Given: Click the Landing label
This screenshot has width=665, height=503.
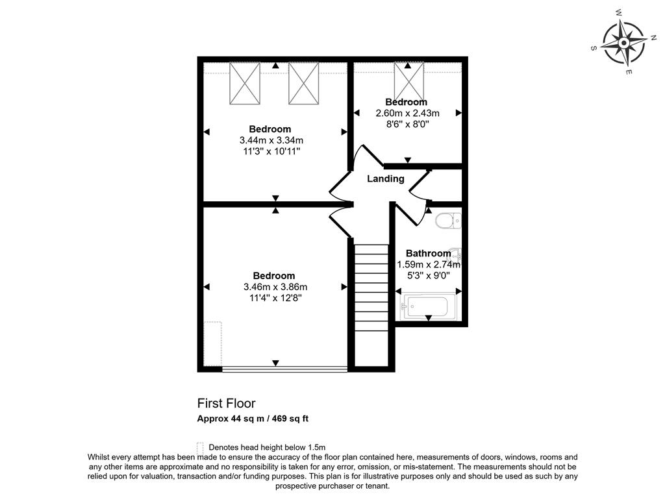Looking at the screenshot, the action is point(386,179).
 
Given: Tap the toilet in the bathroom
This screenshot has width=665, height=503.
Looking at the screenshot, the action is point(448,221).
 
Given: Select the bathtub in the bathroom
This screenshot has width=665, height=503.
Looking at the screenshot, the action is point(427,308).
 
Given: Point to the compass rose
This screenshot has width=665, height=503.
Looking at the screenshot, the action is point(624,43).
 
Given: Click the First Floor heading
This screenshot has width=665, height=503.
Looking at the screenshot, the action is point(227,403).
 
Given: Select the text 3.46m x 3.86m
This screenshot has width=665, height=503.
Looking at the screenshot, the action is point(275,287).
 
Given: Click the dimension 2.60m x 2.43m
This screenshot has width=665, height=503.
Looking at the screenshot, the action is point(408,113).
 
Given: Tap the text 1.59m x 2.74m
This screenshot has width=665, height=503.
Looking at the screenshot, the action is point(429,265).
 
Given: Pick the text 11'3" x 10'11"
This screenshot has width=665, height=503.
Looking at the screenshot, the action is point(271,151).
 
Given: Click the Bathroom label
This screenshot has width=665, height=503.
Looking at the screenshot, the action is point(429,253).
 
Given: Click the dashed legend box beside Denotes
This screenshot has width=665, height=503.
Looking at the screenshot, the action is point(201,448).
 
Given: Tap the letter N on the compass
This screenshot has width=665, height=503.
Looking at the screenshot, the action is point(653,37).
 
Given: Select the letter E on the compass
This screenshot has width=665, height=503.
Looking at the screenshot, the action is point(629,72).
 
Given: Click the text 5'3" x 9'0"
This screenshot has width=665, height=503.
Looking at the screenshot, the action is point(429,275).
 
